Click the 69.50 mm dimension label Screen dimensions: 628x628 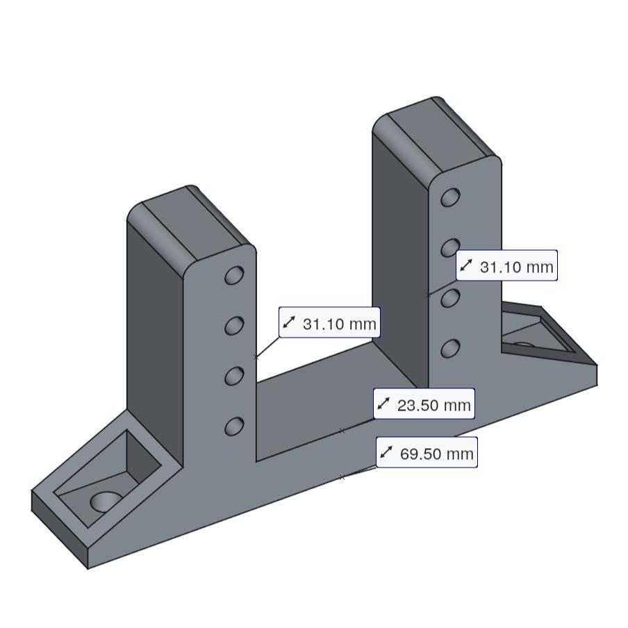(x=427, y=453)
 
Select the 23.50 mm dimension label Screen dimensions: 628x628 (x=424, y=404)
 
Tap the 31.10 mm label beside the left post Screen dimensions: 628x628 (x=329, y=323)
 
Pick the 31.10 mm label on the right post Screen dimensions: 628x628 (x=507, y=266)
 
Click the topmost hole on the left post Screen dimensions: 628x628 (x=234, y=275)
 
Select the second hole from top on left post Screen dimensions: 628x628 (x=234, y=325)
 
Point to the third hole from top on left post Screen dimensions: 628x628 (x=234, y=375)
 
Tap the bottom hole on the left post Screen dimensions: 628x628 (x=234, y=425)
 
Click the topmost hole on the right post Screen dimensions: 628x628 (x=450, y=197)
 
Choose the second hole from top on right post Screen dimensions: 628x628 (x=450, y=247)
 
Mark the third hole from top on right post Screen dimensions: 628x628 (x=450, y=297)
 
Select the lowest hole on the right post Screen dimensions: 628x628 (x=450, y=347)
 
